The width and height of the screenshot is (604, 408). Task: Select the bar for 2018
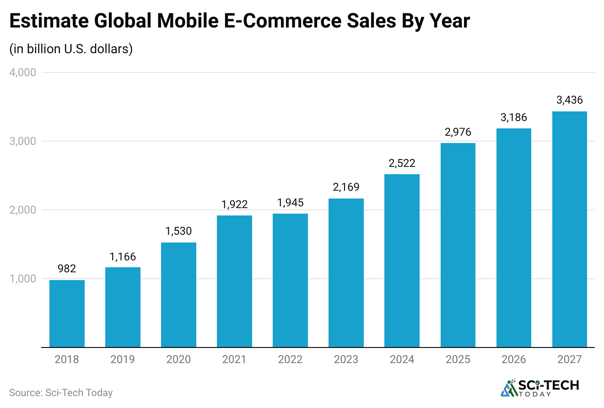(67, 314)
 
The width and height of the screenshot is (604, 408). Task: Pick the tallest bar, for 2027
(569, 229)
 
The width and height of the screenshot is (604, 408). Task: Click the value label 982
(67, 269)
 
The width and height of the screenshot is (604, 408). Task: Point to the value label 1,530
(178, 231)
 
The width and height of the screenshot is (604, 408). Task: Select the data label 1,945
(290, 202)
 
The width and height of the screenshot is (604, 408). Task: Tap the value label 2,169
(346, 187)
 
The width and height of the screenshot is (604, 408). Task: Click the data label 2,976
(458, 132)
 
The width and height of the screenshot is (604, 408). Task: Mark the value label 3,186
(513, 117)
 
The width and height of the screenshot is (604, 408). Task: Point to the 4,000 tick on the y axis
(22, 72)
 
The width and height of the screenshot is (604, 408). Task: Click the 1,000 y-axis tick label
(22, 279)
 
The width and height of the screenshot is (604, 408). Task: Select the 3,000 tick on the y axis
(22, 141)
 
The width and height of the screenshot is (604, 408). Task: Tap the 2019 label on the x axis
(123, 359)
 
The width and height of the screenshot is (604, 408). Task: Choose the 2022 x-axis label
(290, 359)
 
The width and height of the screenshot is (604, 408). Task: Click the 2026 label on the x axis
(513, 359)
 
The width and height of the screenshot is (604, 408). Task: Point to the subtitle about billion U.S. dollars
(71, 49)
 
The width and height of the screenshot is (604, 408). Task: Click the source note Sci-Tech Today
(61, 393)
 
